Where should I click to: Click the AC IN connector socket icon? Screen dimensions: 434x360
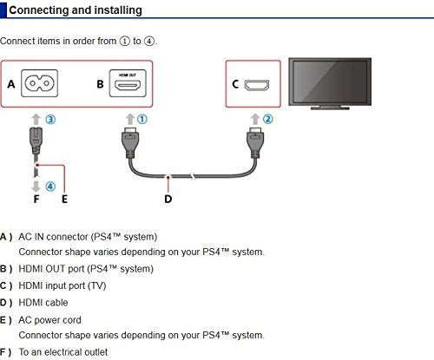coord(39,83)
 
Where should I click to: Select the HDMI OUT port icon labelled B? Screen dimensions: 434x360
coord(128,83)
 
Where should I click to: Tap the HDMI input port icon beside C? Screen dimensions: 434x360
coord(257,85)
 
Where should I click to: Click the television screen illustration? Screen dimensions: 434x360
coord(330,83)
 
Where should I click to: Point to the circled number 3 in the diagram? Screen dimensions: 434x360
coord(50,120)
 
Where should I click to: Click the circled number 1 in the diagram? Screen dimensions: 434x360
coord(141,119)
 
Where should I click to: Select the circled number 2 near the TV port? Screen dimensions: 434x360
coord(267,119)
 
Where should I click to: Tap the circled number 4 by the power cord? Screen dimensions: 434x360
coord(50,187)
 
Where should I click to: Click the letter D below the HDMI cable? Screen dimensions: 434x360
coord(168,199)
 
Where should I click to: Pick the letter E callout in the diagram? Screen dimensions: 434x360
coord(64,199)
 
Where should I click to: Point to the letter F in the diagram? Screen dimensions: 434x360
coord(36,199)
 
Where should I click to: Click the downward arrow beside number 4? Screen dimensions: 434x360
coord(36,187)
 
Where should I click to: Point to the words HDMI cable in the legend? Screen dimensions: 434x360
coord(43,303)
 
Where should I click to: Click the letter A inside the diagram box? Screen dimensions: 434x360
coord(11,84)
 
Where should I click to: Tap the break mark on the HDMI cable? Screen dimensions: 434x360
coord(193,176)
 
